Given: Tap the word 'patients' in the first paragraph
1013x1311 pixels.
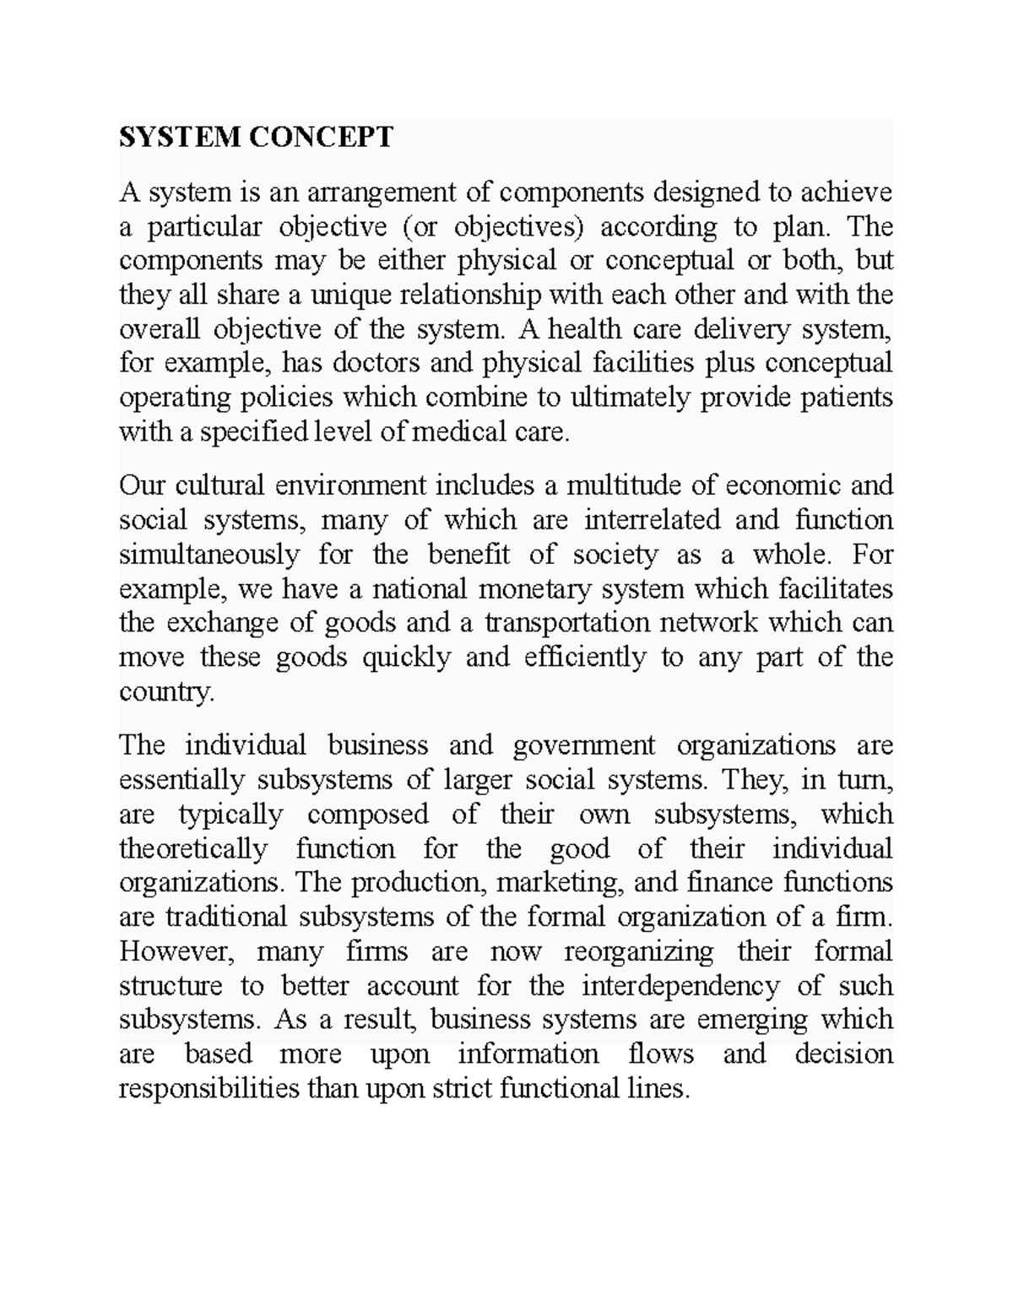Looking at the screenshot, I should click(x=846, y=398).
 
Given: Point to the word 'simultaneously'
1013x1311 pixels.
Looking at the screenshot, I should click(x=209, y=555).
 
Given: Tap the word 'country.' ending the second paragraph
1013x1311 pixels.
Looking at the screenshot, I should click(x=167, y=692).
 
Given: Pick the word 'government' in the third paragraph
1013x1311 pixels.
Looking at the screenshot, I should click(x=583, y=745).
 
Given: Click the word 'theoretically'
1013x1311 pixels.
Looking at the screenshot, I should click(x=193, y=848).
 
